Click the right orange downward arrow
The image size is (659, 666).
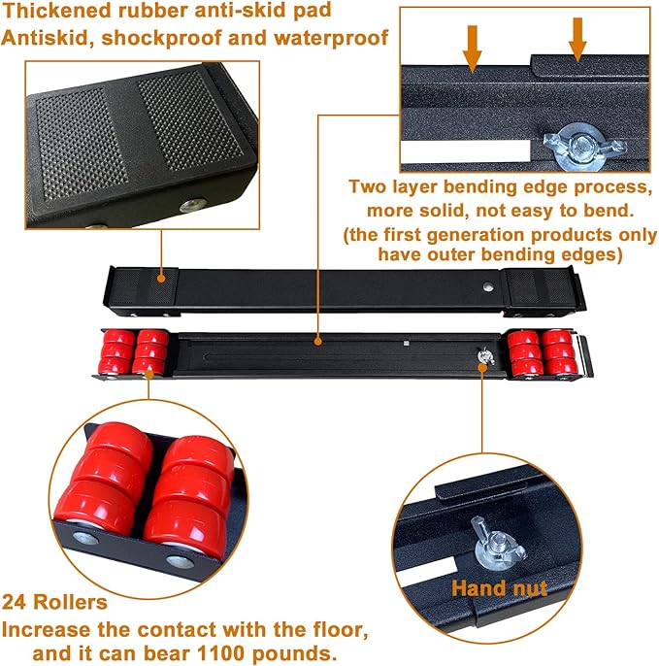(578, 39)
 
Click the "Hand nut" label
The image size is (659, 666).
(499, 587)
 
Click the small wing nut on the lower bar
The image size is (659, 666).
(482, 359)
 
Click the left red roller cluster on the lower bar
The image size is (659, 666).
(135, 351)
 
